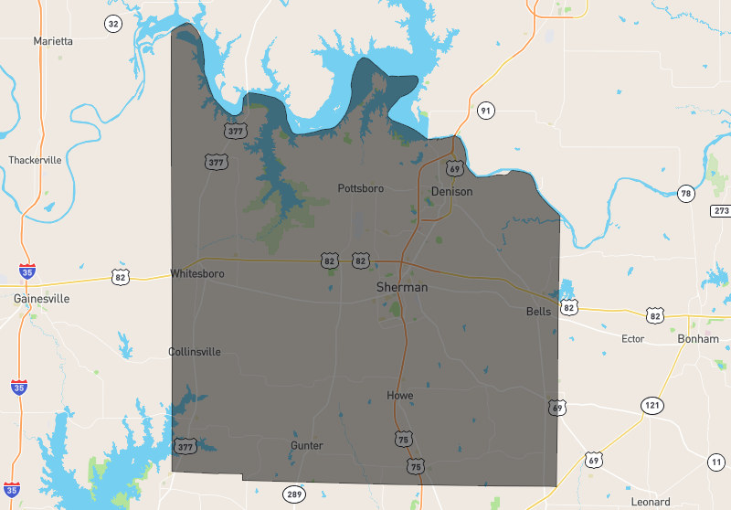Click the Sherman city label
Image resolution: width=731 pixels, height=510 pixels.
click(x=401, y=287)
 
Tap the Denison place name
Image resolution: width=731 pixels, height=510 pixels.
click(x=452, y=192)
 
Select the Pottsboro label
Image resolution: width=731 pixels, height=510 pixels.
click(x=361, y=188)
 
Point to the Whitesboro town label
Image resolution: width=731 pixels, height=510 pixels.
click(x=197, y=273)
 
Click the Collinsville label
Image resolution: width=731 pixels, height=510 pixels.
click(x=195, y=352)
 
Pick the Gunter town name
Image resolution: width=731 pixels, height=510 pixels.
click(x=307, y=445)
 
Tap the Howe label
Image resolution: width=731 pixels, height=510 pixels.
click(x=400, y=396)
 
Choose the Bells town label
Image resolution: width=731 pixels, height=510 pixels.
click(x=538, y=312)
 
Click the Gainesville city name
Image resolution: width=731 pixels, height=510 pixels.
click(x=42, y=299)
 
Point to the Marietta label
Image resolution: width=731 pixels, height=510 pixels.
click(x=53, y=41)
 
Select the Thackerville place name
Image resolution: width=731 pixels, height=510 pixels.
click(x=36, y=160)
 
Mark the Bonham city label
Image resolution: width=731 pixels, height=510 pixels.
click(x=698, y=338)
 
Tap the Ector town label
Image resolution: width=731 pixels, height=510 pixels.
click(x=632, y=339)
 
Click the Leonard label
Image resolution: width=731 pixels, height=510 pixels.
click(x=651, y=502)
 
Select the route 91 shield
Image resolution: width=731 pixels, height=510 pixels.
click(x=485, y=112)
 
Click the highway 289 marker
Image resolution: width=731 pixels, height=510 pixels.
click(x=293, y=494)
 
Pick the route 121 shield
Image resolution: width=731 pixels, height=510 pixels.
click(x=652, y=405)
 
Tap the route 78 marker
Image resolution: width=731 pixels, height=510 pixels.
click(x=686, y=193)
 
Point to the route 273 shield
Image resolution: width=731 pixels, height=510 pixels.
click(x=721, y=211)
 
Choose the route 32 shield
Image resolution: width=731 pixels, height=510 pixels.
click(x=112, y=24)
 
